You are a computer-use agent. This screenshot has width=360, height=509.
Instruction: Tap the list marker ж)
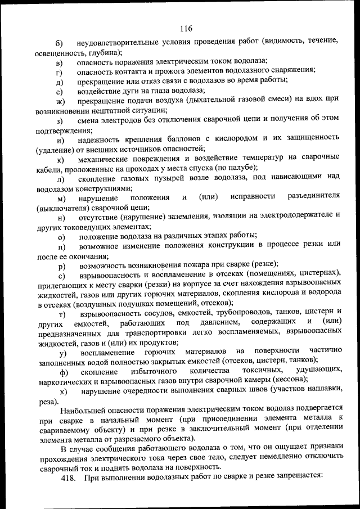point(60,101)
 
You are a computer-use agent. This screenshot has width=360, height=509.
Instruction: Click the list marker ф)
point(62,372)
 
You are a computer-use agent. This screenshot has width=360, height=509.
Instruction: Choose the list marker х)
point(62,391)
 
